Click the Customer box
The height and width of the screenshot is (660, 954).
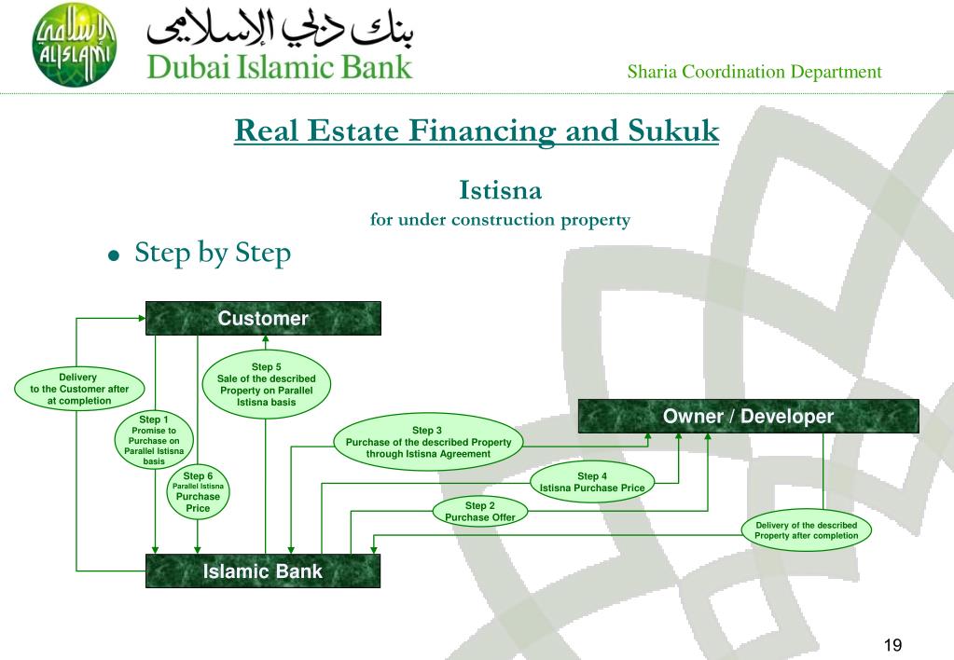(x=263, y=319)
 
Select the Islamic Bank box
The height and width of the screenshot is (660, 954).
(x=263, y=571)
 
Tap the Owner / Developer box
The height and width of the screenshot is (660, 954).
(x=748, y=417)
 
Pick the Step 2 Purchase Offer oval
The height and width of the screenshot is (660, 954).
(x=479, y=512)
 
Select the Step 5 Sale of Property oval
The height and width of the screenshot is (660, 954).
(x=267, y=384)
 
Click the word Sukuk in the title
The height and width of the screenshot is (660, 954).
(x=668, y=129)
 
